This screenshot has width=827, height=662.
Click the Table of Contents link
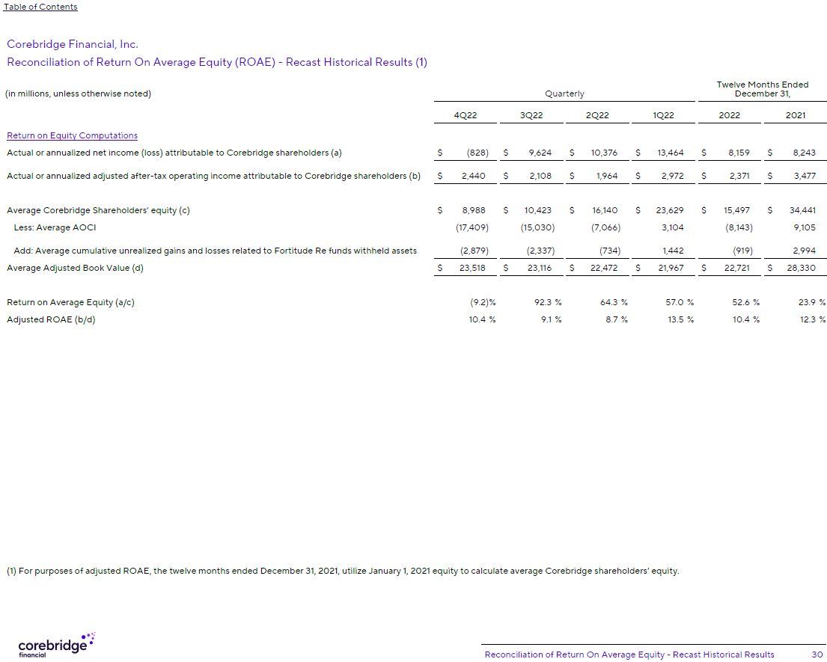pyautogui.click(x=40, y=7)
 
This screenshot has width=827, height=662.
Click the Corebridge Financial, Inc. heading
pyautogui.click(x=73, y=45)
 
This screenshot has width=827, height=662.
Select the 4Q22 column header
pyautogui.click(x=466, y=115)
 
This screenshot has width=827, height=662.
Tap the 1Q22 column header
pyautogui.click(x=663, y=115)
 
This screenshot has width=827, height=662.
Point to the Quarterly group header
pyautogui.click(x=564, y=94)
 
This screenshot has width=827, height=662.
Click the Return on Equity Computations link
pyautogui.click(x=72, y=135)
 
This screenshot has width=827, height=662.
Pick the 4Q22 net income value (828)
pyautogui.click(x=477, y=153)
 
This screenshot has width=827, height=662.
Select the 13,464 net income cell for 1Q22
pyautogui.click(x=670, y=153)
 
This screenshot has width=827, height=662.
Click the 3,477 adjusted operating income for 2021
pyautogui.click(x=805, y=177)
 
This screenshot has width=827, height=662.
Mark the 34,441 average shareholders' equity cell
pyautogui.click(x=802, y=211)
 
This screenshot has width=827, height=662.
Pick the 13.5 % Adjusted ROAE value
pyautogui.click(x=680, y=319)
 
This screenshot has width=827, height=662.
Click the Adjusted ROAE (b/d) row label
pyautogui.click(x=51, y=319)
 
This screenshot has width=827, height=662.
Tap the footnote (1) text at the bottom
pyautogui.click(x=343, y=571)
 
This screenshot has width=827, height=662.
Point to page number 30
pyautogui.click(x=817, y=655)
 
